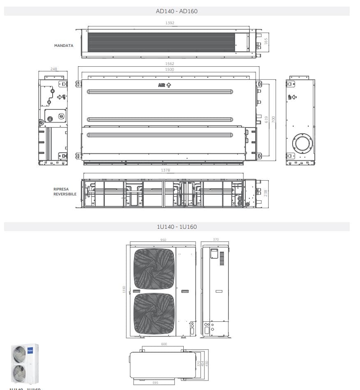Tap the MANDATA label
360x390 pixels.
click(x=64, y=46)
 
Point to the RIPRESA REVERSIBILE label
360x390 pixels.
click(x=65, y=192)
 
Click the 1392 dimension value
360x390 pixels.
click(x=170, y=23)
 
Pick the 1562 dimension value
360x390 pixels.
click(x=169, y=64)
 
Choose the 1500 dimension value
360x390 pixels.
click(x=169, y=70)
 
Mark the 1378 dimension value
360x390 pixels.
click(x=166, y=170)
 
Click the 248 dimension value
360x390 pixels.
click(x=53, y=69)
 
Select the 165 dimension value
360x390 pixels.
click(x=266, y=42)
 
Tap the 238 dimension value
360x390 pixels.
click(x=265, y=193)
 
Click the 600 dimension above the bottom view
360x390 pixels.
click(x=164, y=344)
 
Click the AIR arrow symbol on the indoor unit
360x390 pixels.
click(x=164, y=85)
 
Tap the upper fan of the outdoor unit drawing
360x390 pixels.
click(x=155, y=269)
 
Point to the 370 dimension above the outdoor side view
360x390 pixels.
click(x=216, y=239)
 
